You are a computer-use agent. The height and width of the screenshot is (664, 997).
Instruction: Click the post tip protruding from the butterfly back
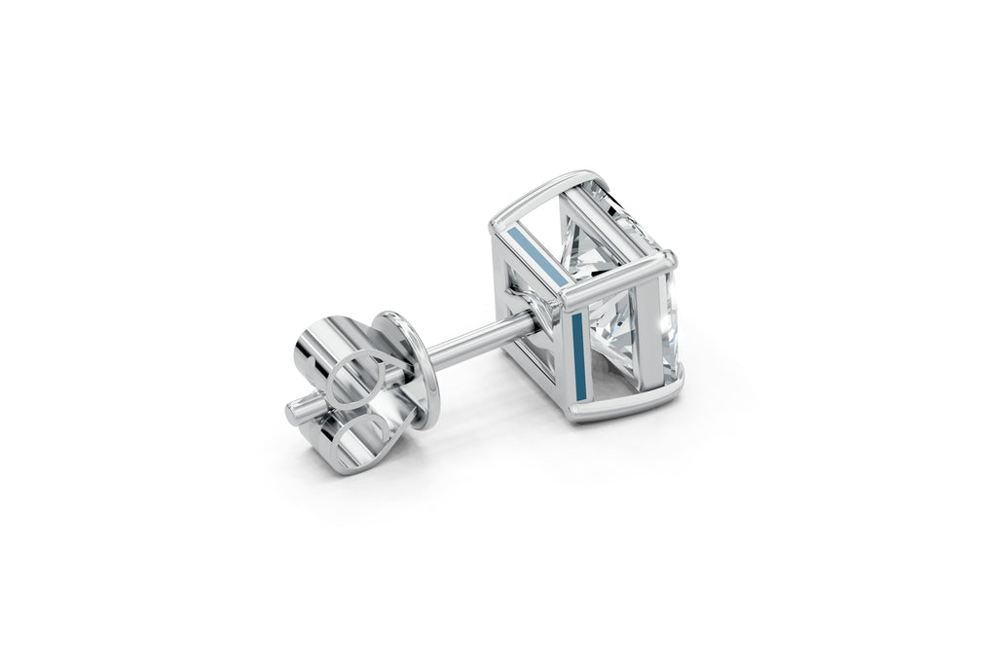[298, 409]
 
